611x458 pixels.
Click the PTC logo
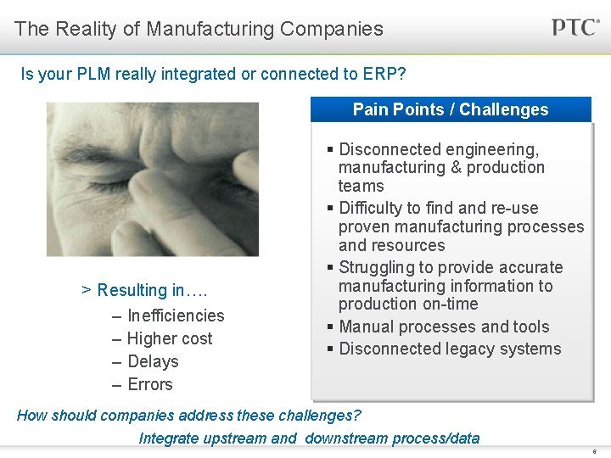click(x=575, y=27)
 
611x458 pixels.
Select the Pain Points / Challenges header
click(x=451, y=109)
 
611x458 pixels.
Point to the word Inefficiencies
click(x=176, y=316)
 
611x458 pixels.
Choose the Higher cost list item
click(x=169, y=338)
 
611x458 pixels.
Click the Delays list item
click(x=153, y=361)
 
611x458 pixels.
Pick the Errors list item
click(x=149, y=384)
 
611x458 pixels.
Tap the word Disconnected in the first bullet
click(x=388, y=149)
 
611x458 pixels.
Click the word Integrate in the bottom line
click(x=171, y=438)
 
